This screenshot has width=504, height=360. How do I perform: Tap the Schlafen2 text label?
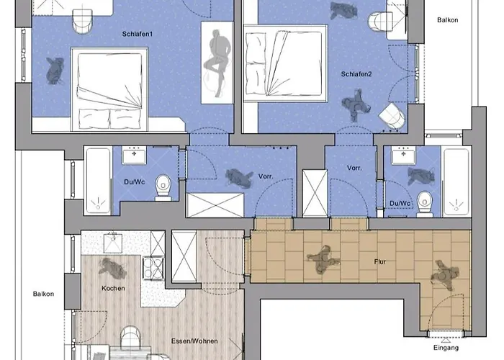click(x=355, y=74)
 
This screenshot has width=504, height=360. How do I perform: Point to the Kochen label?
click(x=113, y=288)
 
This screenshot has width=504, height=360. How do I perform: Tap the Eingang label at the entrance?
click(x=446, y=348)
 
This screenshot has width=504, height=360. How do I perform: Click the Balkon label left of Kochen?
click(x=43, y=294)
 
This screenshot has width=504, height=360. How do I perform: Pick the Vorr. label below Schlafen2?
click(x=354, y=168)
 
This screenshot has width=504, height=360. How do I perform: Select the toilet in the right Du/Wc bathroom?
click(x=425, y=204)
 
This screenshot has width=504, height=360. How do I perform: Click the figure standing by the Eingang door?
click(x=444, y=276)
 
